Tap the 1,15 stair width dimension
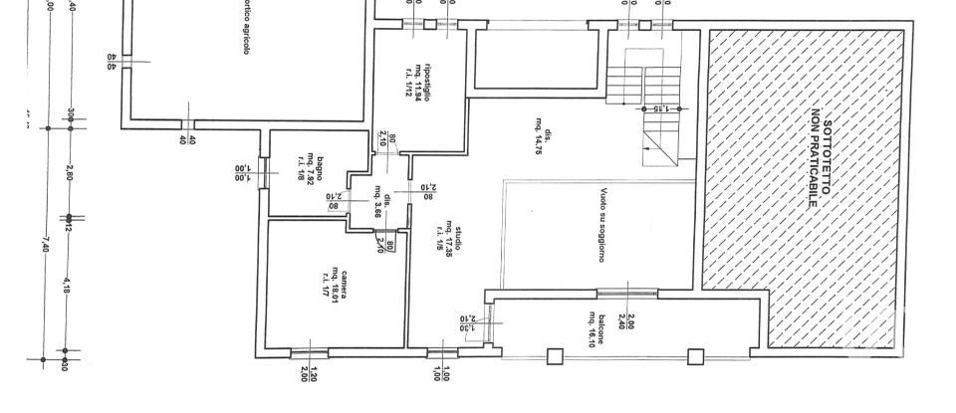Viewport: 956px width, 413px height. [x=657, y=107]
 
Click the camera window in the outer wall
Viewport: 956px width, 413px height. [x=309, y=352]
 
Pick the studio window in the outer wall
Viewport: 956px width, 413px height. [x=442, y=352]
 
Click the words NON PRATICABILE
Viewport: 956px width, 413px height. [x=816, y=159]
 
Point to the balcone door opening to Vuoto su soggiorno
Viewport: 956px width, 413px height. [x=626, y=293]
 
